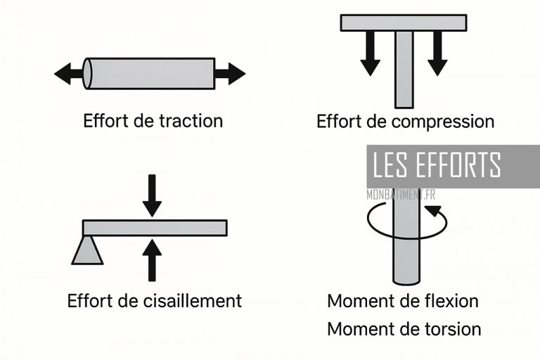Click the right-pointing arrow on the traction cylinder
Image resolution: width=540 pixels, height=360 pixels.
click(230, 73)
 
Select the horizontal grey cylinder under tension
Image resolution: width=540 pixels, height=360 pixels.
click(149, 73)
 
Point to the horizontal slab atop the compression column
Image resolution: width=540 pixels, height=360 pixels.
click(404, 22)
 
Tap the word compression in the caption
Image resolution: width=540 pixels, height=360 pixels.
click(443, 122)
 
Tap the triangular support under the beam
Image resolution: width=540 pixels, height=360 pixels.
click(87, 251)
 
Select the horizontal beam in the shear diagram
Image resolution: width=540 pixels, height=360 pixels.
click(155, 228)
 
